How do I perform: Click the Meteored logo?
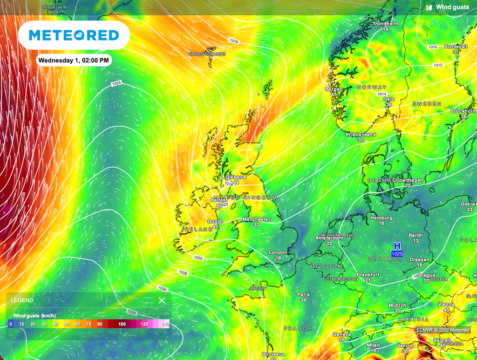coord(74,35)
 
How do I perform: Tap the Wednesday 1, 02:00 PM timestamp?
coord(74,60)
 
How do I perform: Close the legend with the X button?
coord(162,300)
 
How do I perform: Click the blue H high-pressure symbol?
coord(397,246)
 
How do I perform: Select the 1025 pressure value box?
coord(397,254)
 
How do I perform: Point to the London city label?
coord(278,252)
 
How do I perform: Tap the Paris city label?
coord(303,294)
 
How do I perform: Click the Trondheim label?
coord(385,24)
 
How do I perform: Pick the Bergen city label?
coord(334,89)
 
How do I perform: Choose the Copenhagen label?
coord(408,180)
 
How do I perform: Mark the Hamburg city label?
coord(381,217)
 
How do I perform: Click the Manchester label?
coord(256,219)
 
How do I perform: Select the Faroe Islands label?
coord(207,54)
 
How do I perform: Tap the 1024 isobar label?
coord(116,83)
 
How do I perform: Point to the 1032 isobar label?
coord(132,312)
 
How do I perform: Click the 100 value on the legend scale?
coord(122,324)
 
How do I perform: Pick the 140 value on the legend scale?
coord(165,324)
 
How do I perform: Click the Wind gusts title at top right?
coord(450,7)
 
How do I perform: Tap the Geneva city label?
coord(341,334)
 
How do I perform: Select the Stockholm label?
coord(463,111)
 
